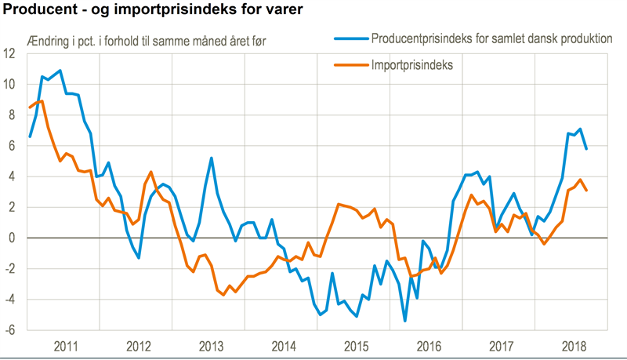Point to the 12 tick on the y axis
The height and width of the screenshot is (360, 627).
pos(10,54)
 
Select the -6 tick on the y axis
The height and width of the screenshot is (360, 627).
pos(11,330)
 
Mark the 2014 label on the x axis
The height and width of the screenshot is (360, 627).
pos(283,345)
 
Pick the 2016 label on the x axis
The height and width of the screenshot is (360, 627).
pos(429,345)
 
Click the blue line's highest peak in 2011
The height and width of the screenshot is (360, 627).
pos(60,71)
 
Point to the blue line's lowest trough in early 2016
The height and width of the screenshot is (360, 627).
pos(405,321)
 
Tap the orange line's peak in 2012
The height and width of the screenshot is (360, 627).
pos(150,172)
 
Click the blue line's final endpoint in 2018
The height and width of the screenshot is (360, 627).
pos(587,148)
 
